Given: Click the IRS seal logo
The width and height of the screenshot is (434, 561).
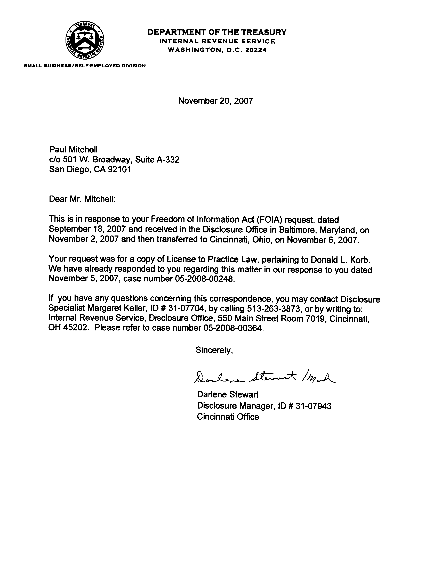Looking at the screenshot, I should tap(85, 40).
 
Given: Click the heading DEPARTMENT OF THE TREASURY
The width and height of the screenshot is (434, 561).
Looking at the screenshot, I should tap(217, 32).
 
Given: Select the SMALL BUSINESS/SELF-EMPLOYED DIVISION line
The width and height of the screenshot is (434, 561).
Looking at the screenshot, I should tap(85, 66).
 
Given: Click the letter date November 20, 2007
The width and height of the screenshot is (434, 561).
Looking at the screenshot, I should tap(215, 101).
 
